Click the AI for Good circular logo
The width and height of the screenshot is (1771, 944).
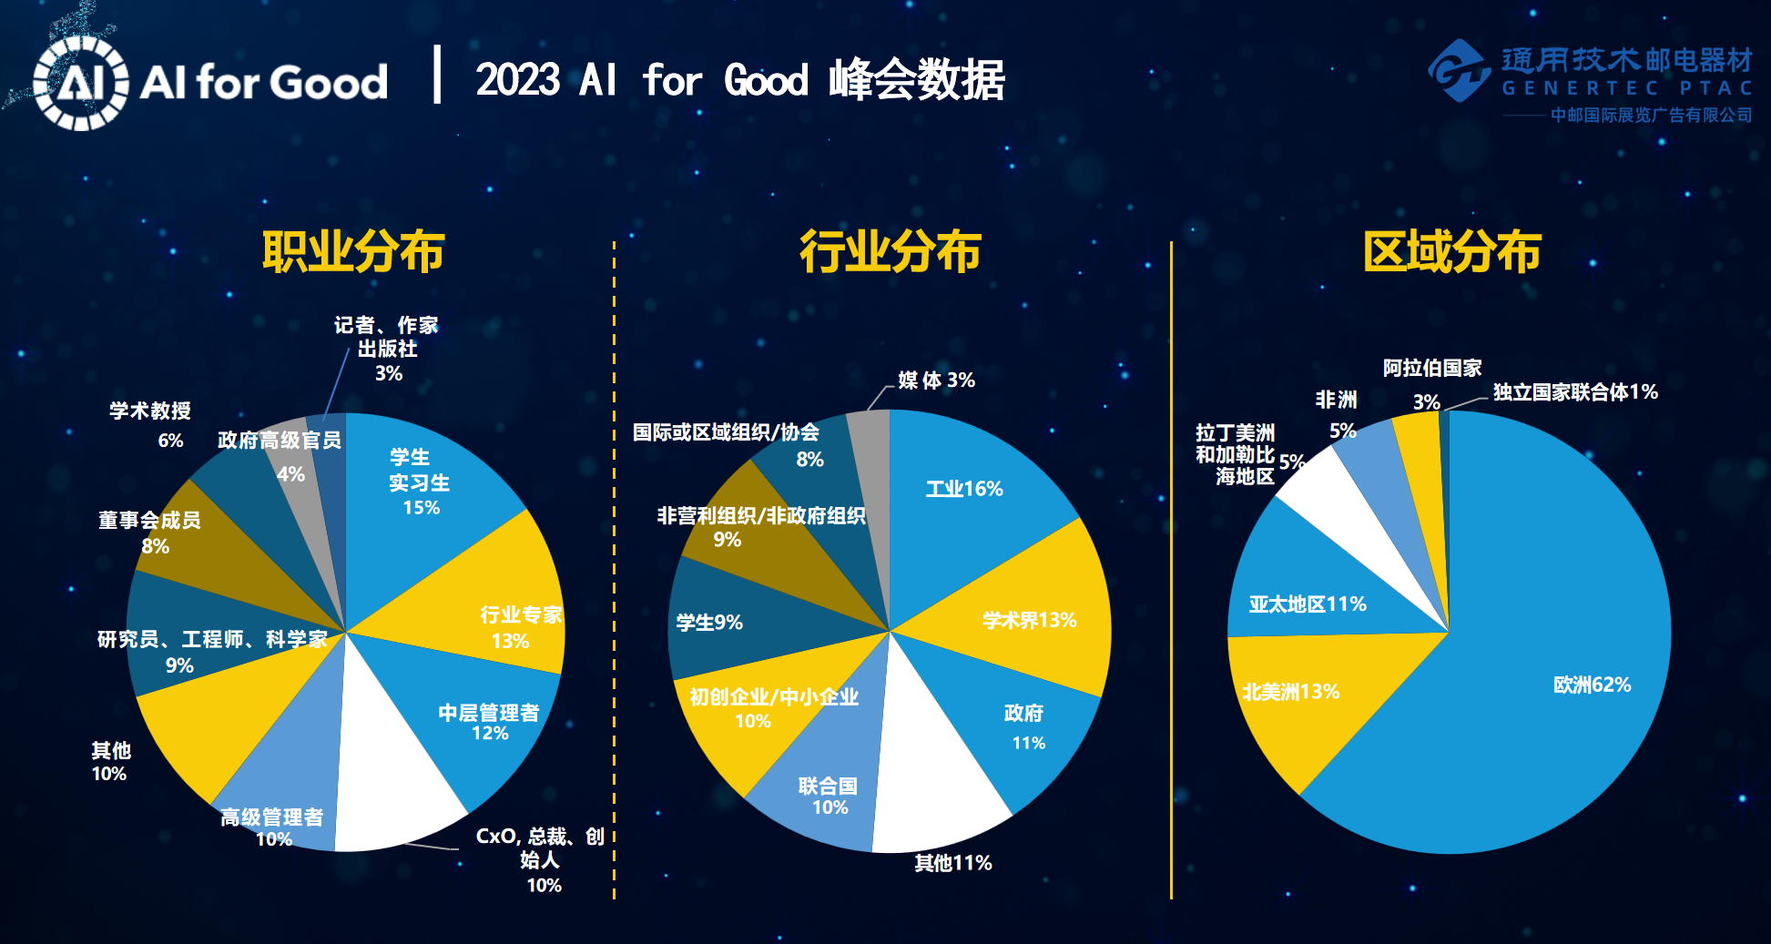coord(80,83)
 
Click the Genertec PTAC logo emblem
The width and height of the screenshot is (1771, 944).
coord(1460,70)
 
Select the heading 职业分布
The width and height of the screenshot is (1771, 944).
coord(353,251)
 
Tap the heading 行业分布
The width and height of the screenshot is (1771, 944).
coord(890,251)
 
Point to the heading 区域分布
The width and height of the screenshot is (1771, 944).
coord(1451,251)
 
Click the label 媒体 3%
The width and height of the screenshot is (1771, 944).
coord(936,380)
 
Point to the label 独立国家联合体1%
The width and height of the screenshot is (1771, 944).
coord(1575,392)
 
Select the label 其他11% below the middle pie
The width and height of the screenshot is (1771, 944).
coord(953,863)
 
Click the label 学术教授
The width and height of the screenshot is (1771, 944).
coord(150,411)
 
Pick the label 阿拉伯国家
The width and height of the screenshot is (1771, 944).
coord(1432,368)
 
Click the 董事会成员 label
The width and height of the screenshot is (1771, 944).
coord(149,520)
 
